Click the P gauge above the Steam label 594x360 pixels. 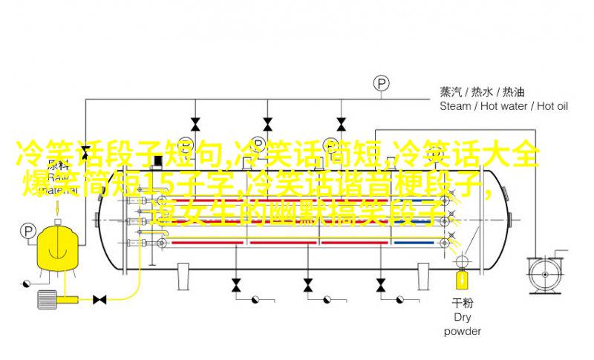(381, 83)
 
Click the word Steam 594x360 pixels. (455, 106)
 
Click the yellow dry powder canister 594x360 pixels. (462, 280)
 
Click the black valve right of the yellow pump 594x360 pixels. (99, 298)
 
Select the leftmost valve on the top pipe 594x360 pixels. (195, 123)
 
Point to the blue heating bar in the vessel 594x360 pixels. (417, 242)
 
